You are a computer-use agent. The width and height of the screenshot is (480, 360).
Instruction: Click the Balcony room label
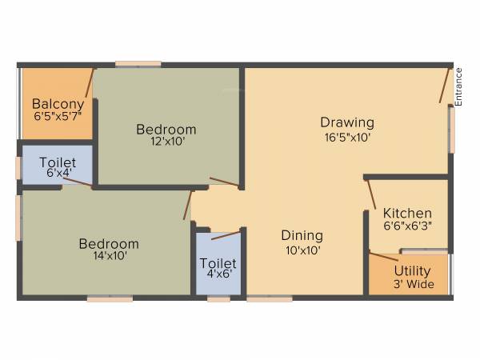pos(58,103)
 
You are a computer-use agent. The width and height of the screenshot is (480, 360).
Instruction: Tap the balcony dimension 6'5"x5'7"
pos(58,116)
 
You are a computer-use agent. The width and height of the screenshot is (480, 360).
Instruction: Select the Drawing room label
pos(347,122)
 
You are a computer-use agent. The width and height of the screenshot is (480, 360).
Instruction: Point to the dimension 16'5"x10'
pos(347,136)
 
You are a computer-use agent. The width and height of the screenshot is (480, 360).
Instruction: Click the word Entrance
pos(459,86)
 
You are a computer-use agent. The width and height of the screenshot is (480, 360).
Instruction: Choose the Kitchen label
pos(407,214)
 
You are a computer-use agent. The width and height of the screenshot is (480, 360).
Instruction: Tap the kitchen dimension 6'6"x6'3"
pos(407,226)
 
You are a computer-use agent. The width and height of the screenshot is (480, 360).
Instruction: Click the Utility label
pos(412,271)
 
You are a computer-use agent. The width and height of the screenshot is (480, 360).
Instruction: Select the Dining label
pos(302,235)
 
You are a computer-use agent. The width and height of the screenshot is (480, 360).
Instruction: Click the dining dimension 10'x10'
pos(302,249)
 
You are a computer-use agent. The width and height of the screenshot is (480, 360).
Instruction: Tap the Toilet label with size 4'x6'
pos(218,263)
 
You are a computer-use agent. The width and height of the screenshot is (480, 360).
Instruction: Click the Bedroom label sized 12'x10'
pos(166,129)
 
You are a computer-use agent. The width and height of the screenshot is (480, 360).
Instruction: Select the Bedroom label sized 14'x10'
pos(108,243)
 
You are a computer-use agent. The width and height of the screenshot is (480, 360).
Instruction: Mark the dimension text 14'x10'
pos(108,256)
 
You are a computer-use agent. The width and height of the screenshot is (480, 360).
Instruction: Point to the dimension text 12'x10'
pos(166,142)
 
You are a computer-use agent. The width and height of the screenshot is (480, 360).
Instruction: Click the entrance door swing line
pos(443,84)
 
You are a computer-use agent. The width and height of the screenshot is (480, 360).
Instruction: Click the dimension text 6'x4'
pos(58,172)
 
